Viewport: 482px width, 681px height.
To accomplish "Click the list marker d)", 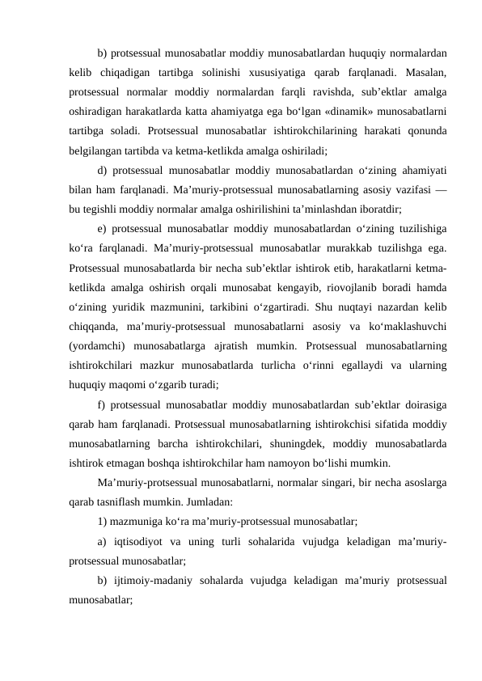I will coord(102,170).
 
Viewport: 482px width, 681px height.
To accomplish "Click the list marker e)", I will coord(102,225).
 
